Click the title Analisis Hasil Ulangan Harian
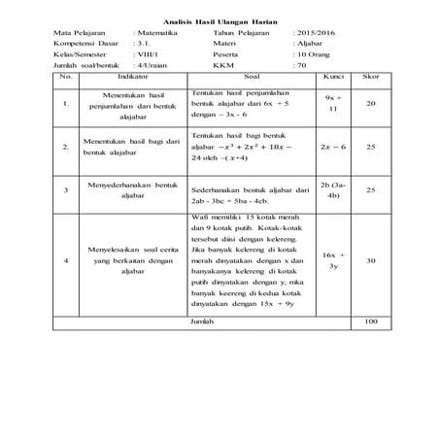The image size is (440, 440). click(x=220, y=20)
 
